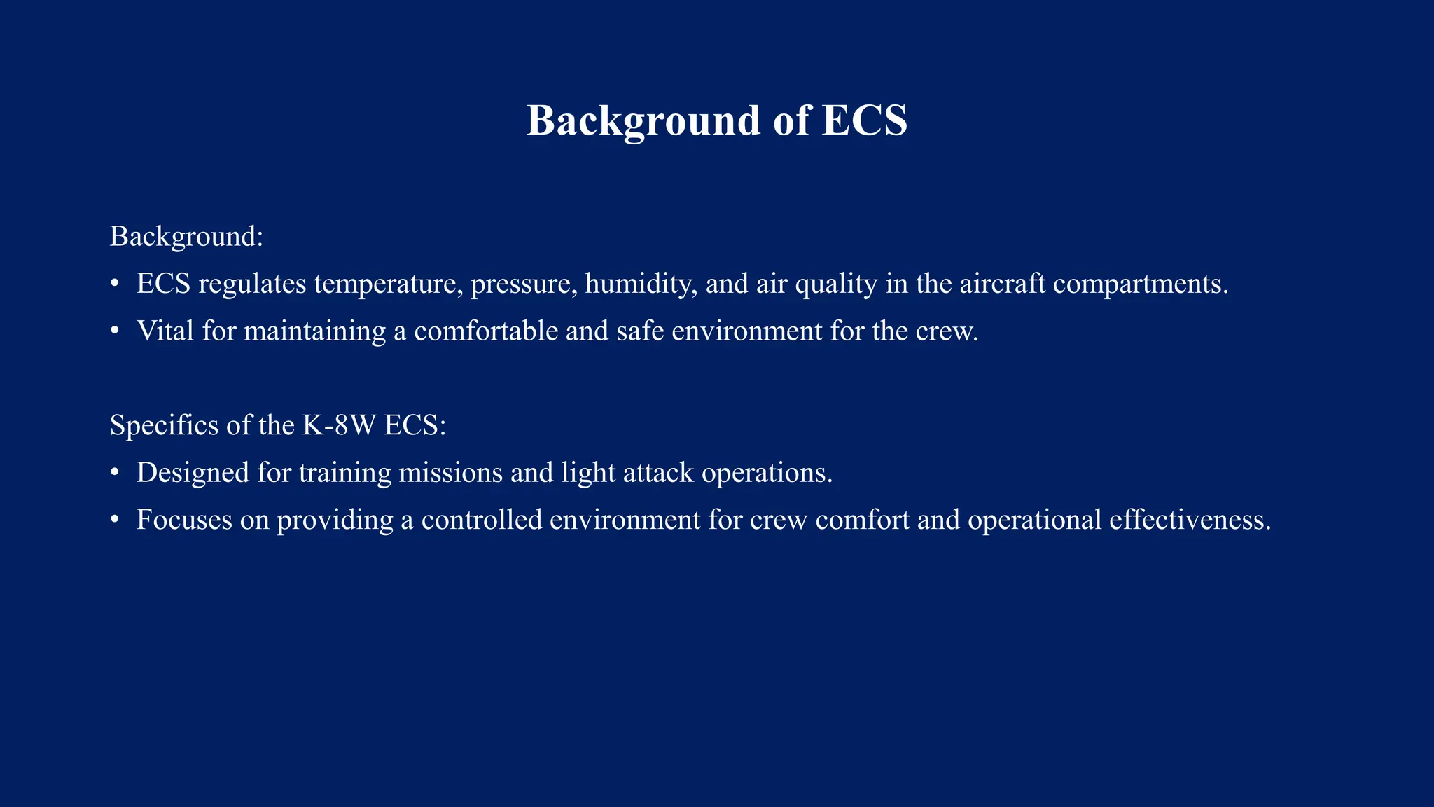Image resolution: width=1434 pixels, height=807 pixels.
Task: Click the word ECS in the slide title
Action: [x=864, y=120]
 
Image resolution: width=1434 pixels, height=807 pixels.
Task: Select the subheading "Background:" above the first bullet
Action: [x=186, y=237]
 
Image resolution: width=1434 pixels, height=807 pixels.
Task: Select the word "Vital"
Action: [x=165, y=331]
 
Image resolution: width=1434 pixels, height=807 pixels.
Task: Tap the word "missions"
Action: [x=450, y=473]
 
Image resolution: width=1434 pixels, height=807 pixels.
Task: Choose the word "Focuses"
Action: [x=184, y=520]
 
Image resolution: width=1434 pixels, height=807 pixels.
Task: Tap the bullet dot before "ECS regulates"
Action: [x=115, y=284]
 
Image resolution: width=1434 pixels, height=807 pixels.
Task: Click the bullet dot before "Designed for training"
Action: [x=115, y=474]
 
